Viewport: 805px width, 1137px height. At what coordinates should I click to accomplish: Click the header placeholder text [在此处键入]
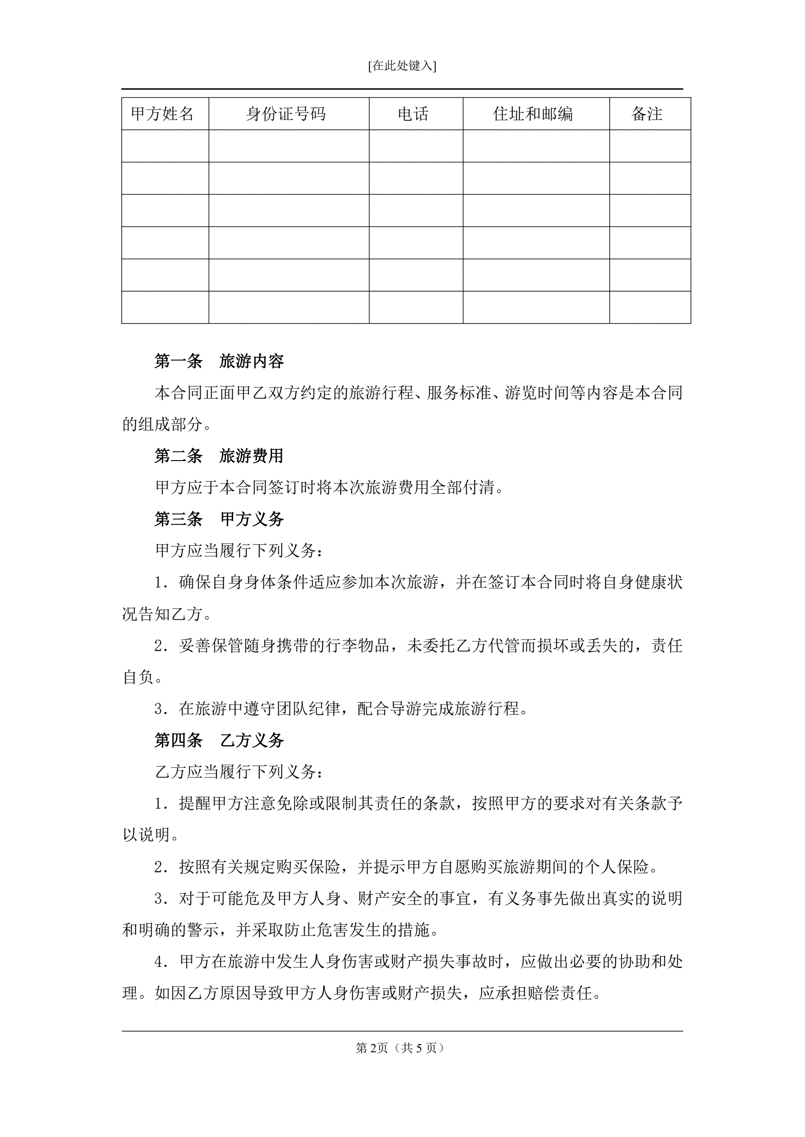point(402,66)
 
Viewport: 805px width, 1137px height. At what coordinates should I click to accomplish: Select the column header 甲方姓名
point(162,114)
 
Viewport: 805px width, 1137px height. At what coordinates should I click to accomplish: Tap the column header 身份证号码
point(286,114)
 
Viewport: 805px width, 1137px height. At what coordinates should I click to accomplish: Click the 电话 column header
point(413,114)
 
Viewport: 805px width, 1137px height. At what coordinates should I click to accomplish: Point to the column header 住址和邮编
point(533,114)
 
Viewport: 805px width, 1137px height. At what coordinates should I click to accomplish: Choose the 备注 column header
point(647,114)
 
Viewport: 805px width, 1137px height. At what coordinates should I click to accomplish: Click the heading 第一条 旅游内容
point(219,361)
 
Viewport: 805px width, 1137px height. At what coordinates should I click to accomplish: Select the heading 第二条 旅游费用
point(219,456)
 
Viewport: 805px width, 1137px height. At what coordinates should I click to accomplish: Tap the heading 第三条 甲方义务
point(219,519)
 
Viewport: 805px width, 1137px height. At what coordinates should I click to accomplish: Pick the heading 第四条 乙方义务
point(219,740)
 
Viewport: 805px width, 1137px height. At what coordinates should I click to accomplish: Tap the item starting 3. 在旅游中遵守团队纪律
point(342,708)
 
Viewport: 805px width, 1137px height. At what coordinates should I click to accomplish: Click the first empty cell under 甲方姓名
point(165,146)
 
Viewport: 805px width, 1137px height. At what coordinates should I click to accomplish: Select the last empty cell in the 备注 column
point(650,307)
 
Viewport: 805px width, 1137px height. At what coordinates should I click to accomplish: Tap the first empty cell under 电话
point(416,146)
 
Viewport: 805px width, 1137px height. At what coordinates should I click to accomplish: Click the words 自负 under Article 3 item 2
point(138,677)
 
